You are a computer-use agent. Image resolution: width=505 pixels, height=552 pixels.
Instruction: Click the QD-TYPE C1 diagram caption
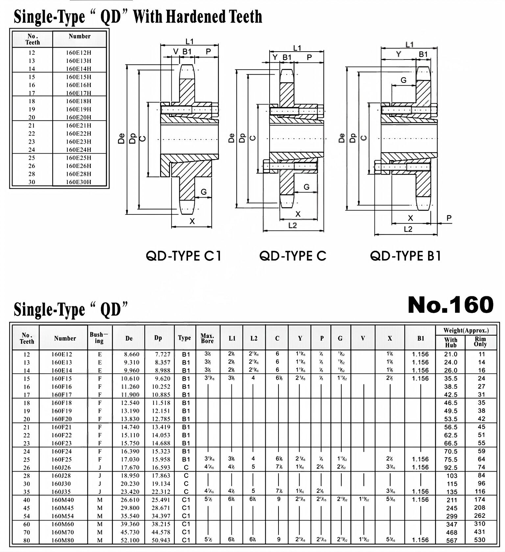pyautogui.click(x=183, y=256)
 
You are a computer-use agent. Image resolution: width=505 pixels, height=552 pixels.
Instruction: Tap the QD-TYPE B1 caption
pyautogui.click(x=405, y=256)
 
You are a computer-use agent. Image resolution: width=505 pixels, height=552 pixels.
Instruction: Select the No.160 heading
pyautogui.click(x=450, y=305)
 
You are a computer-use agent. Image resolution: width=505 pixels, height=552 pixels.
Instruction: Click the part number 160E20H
pyautogui.click(x=79, y=117)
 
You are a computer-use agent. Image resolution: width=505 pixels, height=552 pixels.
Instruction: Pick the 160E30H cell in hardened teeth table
pyautogui.click(x=79, y=182)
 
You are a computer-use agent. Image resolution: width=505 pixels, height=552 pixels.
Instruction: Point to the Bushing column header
pyautogui.click(x=99, y=338)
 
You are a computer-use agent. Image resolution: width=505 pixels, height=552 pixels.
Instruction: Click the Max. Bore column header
pyautogui.click(x=207, y=338)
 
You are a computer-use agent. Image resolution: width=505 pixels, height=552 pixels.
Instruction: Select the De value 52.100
pyautogui.click(x=130, y=540)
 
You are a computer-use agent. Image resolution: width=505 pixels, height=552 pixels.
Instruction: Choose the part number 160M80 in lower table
pyautogui.click(x=62, y=540)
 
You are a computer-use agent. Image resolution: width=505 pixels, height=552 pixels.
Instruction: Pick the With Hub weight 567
pyautogui.click(x=451, y=540)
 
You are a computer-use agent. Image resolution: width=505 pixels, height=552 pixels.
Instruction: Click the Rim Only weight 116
pyautogui.click(x=480, y=492)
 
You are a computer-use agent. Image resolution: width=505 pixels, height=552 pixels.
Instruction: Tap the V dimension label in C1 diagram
pyautogui.click(x=176, y=52)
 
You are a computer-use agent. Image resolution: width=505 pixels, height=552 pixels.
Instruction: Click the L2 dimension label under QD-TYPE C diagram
pyautogui.click(x=292, y=226)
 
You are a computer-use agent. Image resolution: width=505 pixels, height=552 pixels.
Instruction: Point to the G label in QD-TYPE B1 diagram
pyautogui.click(x=403, y=80)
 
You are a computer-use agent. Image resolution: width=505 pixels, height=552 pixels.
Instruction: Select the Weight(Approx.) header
pyautogui.click(x=466, y=330)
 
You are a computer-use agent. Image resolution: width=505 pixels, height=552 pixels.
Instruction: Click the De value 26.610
pyautogui.click(x=130, y=500)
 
